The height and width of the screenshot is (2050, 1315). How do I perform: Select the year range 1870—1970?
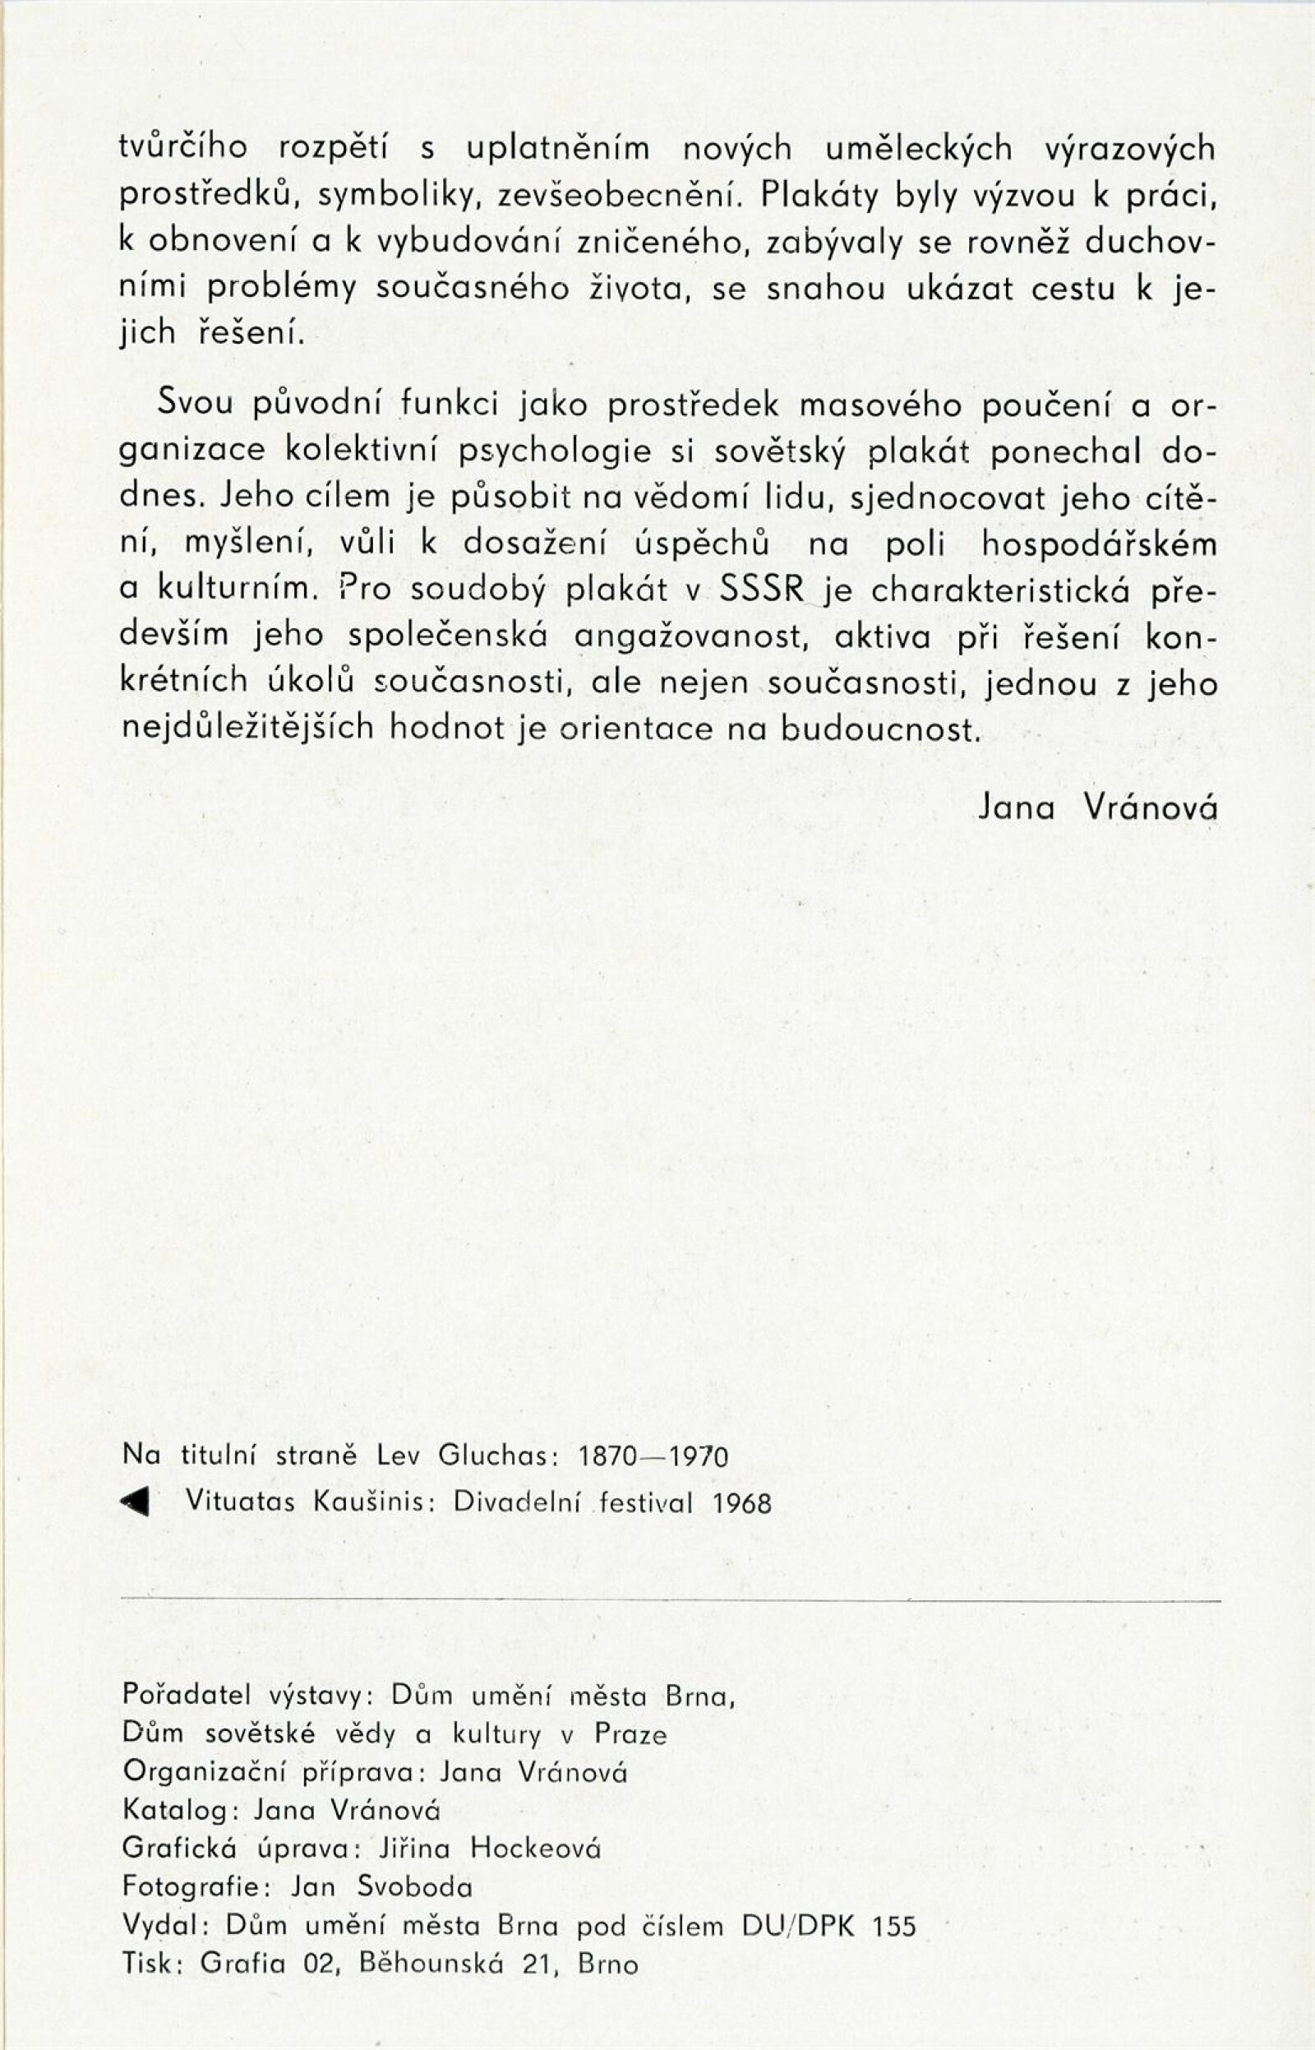(653, 1455)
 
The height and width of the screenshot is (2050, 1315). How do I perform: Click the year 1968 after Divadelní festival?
(742, 1503)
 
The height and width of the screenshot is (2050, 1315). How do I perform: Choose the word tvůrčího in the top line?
(183, 150)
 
